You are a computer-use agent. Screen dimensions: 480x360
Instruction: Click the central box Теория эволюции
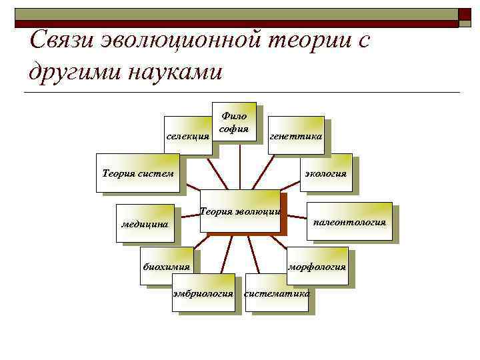point(240,211)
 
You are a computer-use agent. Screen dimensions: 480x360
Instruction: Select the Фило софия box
point(234,123)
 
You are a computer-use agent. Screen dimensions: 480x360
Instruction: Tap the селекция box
point(188,136)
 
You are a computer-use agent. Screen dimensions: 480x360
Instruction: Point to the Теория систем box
point(138,173)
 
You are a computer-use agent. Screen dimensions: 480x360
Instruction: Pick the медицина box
point(145,223)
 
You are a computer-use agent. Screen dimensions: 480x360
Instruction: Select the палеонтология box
point(349,221)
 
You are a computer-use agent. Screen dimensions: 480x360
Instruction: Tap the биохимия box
point(167,266)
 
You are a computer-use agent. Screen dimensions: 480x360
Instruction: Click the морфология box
point(317,266)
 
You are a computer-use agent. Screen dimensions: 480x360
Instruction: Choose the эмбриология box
point(203,292)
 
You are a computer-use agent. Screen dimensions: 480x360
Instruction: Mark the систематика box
point(277,292)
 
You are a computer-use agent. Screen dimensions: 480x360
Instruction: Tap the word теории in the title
point(308,41)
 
